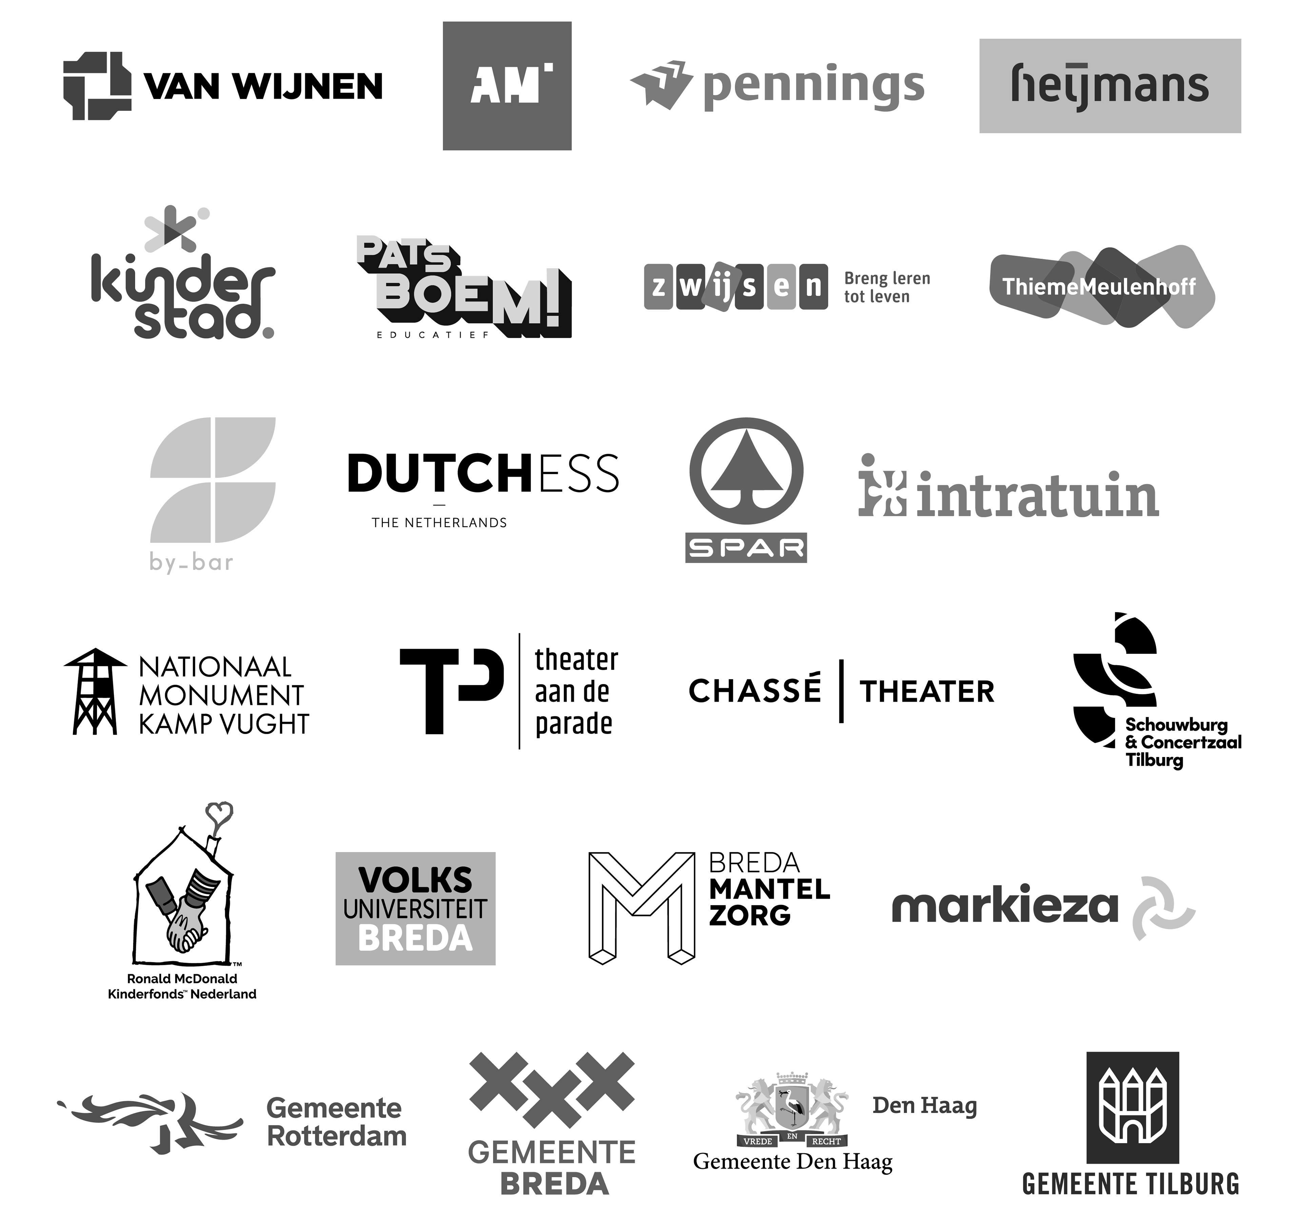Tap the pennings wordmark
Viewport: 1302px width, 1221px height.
pos(813,87)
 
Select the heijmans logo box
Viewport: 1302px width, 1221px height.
pos(1109,86)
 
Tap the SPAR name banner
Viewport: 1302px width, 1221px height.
pos(746,548)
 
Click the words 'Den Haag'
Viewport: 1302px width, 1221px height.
pos(924,1106)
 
